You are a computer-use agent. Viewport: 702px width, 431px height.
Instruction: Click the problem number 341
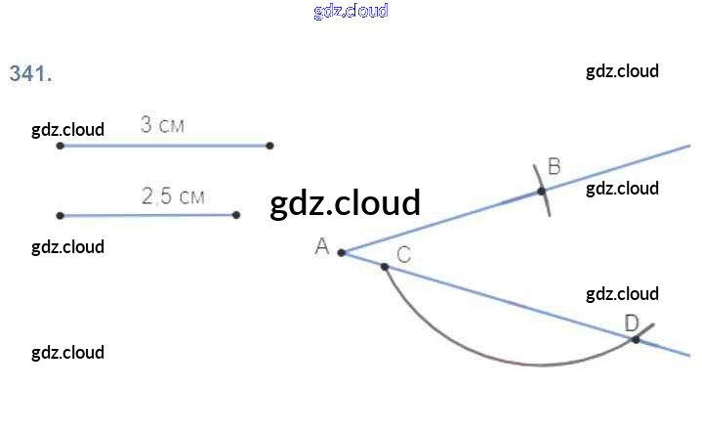point(30,74)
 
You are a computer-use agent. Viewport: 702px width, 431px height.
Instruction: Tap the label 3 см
point(162,125)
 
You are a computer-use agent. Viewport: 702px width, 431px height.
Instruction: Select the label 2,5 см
point(173,195)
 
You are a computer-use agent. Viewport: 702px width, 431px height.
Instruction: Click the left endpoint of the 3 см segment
point(61,146)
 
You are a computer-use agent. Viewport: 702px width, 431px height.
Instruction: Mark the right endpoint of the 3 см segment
point(269,146)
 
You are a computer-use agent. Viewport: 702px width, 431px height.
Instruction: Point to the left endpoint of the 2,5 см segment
point(61,215)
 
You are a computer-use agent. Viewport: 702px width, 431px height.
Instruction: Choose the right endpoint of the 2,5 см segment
point(236,214)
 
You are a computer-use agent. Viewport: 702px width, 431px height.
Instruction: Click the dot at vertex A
point(341,252)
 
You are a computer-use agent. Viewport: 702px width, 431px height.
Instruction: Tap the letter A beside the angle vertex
point(321,247)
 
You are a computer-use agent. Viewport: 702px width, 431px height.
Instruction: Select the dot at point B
point(542,191)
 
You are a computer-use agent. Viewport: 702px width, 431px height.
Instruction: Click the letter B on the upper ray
point(554,166)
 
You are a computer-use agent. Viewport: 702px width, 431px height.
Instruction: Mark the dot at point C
point(385,266)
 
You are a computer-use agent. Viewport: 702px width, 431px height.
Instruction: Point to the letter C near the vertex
point(403,255)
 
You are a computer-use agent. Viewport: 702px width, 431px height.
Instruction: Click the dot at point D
point(636,339)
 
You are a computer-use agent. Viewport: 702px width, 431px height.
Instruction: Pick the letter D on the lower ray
point(631,323)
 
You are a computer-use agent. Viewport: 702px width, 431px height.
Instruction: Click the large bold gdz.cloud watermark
point(345,202)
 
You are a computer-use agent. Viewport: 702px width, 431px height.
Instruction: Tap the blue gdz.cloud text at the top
point(351,11)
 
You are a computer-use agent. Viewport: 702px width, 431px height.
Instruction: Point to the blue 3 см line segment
point(166,146)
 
